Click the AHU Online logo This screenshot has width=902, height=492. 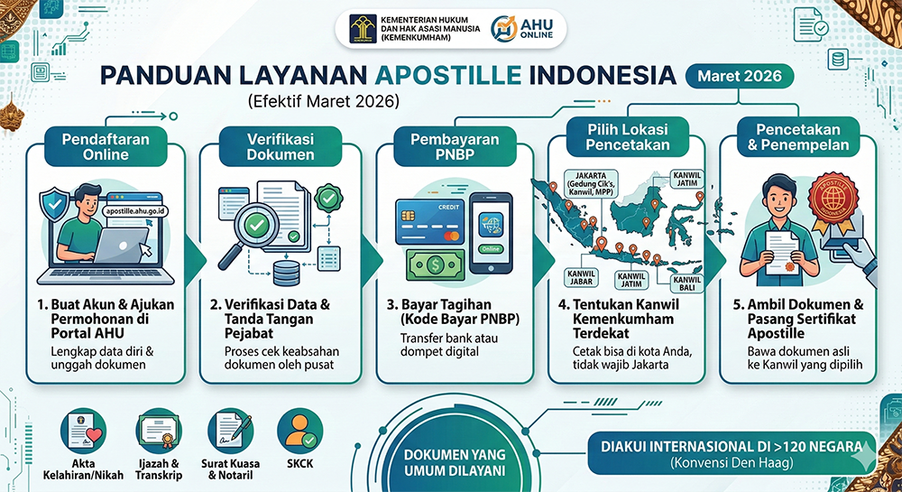pyautogui.click(x=529, y=29)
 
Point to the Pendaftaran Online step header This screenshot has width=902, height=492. pyautogui.click(x=106, y=146)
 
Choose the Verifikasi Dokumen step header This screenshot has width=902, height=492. pyautogui.click(x=281, y=146)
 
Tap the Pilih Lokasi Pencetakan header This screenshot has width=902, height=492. pyautogui.click(x=629, y=137)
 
